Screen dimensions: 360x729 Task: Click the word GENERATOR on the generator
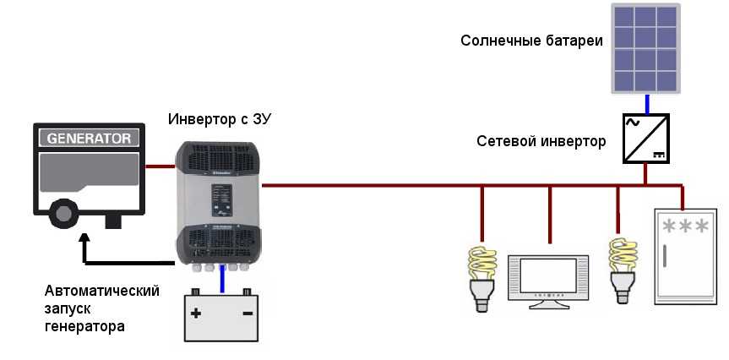click(88, 138)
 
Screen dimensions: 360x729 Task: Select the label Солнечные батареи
click(531, 41)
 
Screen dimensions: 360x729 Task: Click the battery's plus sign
click(196, 314)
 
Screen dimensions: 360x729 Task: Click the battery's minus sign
click(248, 314)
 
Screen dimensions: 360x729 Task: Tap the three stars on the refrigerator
click(685, 226)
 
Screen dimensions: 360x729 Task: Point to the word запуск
click(67, 308)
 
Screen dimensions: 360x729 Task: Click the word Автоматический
click(102, 291)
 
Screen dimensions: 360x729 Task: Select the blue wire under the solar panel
click(647, 103)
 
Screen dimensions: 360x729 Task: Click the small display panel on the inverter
click(221, 199)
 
